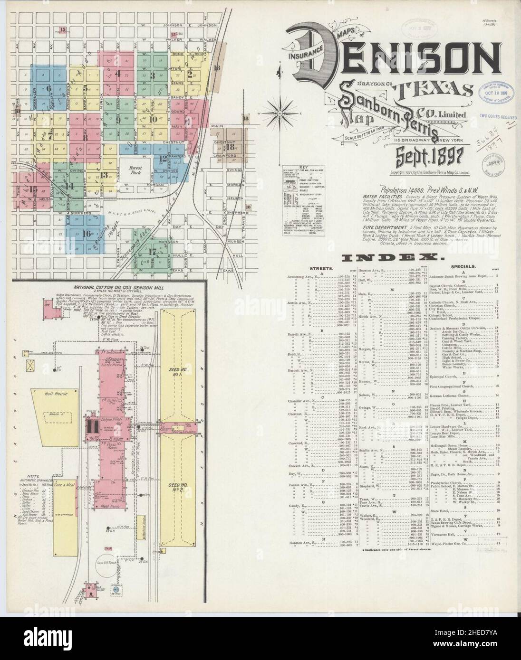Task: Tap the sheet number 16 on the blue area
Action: point(86,233)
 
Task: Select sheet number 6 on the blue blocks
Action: point(48,88)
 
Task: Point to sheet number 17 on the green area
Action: point(153,252)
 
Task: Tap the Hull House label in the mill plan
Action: point(57,394)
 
